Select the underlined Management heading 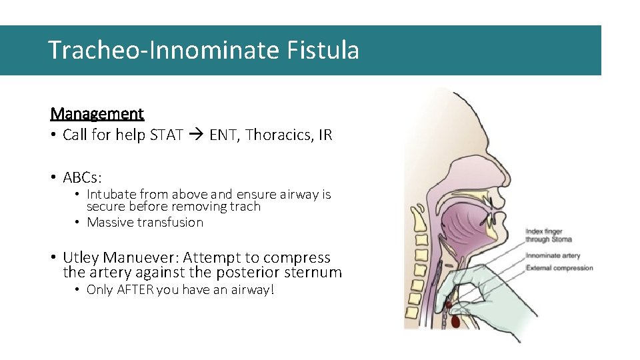click(97, 113)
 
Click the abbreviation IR click(325, 135)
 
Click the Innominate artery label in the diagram click(553, 256)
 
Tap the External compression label click(559, 268)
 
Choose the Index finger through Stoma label click(549, 235)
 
